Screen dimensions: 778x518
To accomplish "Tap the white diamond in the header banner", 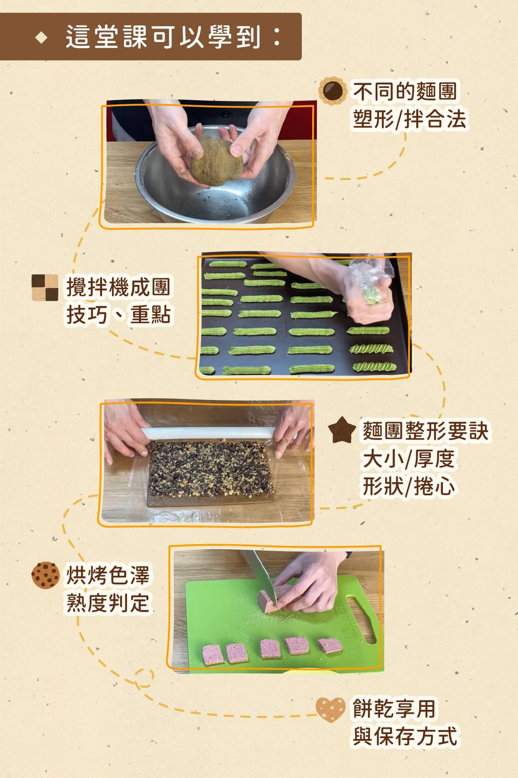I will tap(42, 38).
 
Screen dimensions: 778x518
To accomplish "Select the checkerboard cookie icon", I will tap(45, 287).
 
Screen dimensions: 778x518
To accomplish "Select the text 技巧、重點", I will tap(118, 314).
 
